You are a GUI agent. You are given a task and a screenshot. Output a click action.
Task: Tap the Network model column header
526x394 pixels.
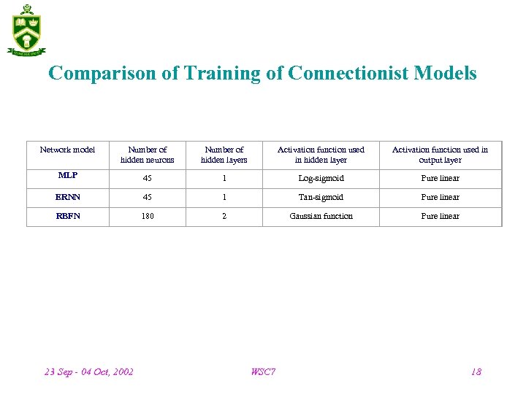(x=67, y=150)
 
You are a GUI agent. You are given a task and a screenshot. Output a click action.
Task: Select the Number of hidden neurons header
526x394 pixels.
(x=148, y=155)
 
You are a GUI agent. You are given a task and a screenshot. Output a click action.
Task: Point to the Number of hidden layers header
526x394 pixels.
(x=224, y=155)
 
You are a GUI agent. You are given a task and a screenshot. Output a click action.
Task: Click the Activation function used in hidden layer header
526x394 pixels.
(x=321, y=155)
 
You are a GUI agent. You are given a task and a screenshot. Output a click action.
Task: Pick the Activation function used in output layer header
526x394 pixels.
(x=440, y=155)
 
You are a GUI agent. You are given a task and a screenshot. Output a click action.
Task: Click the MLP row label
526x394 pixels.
(x=67, y=176)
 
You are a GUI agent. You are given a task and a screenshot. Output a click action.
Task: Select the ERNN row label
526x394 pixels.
(x=67, y=197)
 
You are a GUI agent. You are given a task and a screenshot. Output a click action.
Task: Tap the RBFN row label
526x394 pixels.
(x=67, y=216)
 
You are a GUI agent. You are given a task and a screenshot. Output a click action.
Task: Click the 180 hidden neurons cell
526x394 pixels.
(x=148, y=217)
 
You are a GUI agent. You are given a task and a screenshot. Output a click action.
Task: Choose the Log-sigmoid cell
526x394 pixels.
(x=321, y=179)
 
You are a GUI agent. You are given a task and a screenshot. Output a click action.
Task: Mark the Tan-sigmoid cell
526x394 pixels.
(x=321, y=198)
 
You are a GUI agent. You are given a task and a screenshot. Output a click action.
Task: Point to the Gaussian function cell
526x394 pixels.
(x=321, y=217)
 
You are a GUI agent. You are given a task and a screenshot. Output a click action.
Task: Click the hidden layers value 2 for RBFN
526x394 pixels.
(x=224, y=217)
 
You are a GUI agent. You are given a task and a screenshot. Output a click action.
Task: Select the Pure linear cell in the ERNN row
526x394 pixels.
(x=440, y=198)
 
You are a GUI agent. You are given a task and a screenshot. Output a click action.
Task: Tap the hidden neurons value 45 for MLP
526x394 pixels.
(x=148, y=179)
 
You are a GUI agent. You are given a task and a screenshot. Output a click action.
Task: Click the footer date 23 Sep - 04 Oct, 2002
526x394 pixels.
(x=89, y=372)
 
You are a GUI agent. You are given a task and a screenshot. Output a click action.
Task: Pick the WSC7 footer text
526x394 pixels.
(x=263, y=372)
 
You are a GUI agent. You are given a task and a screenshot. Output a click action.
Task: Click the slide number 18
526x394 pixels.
(x=476, y=372)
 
